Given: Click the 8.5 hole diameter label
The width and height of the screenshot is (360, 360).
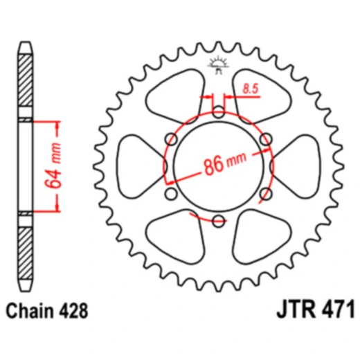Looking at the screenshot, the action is [x=251, y=89].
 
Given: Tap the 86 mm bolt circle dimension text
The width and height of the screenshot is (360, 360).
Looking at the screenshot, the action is [x=225, y=163].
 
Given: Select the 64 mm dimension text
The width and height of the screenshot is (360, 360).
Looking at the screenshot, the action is [x=53, y=165].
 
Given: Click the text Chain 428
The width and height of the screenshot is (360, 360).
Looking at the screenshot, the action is [x=47, y=311].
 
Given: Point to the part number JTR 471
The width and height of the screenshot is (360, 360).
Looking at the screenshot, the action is [x=316, y=309].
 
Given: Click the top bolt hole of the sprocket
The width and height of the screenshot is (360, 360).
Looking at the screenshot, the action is [x=218, y=112].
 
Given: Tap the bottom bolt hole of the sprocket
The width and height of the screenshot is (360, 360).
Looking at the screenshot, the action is [x=218, y=221].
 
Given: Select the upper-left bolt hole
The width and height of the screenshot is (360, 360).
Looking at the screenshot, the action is [x=172, y=139].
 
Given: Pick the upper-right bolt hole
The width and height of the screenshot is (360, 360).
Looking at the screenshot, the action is [x=266, y=139].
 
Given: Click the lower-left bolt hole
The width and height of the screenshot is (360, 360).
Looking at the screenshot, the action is [x=171, y=194].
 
